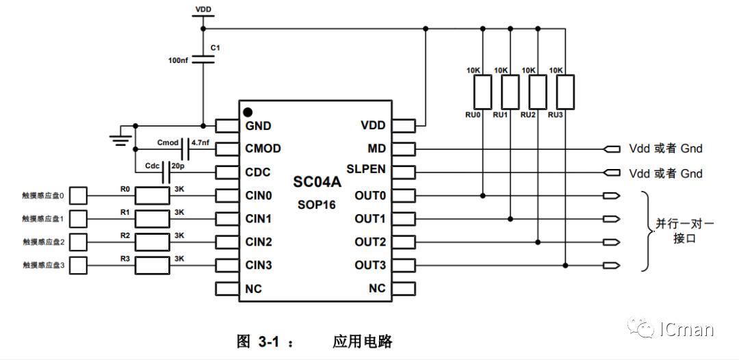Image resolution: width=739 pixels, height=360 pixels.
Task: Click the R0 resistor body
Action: (151, 196)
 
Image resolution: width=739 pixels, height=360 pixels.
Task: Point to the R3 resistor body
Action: (151, 265)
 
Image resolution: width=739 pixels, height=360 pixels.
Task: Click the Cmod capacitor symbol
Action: (185, 148)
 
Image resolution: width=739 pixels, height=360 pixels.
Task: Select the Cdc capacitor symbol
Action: (166, 172)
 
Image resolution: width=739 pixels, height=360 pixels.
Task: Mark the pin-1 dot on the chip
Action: (248, 112)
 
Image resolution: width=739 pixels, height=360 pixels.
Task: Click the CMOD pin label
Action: (263, 149)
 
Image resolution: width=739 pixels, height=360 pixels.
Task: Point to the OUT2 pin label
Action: (370, 242)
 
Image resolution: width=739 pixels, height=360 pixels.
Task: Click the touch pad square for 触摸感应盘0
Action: (79, 196)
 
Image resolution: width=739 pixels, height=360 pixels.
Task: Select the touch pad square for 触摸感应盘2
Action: (79, 242)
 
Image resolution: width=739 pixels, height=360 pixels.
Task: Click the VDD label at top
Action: (203, 10)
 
